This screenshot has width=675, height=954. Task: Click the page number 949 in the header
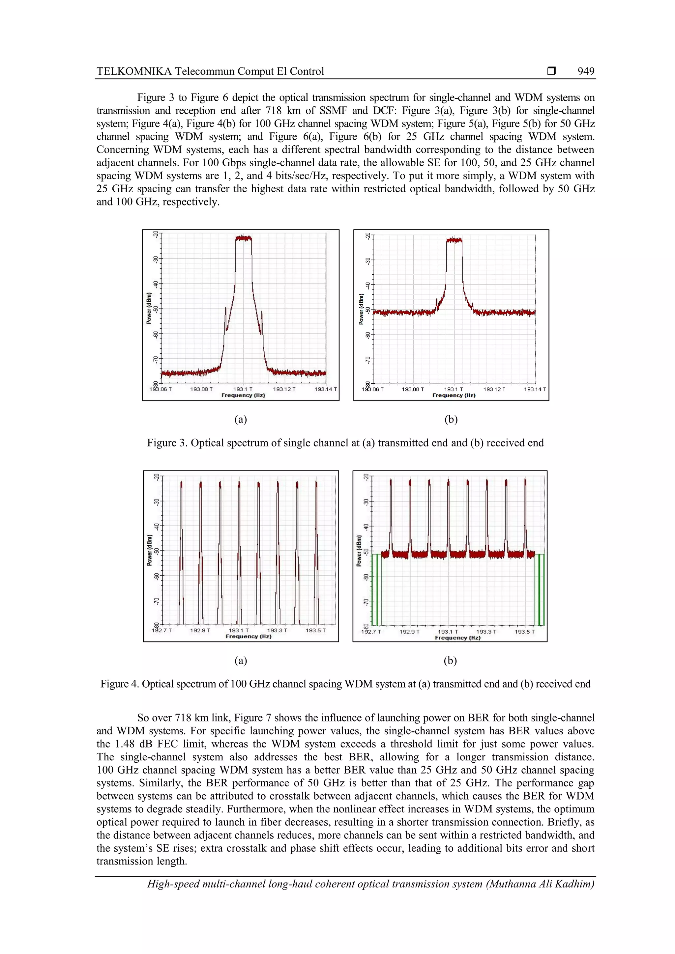pos(586,71)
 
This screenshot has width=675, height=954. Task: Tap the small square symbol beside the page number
pos(551,71)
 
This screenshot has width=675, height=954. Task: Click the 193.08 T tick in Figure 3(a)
pos(201,389)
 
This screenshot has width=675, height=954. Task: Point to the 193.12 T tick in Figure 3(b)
pos(494,389)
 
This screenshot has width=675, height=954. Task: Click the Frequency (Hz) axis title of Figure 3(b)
pos(454,395)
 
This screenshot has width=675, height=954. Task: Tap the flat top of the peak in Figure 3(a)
pos(243,238)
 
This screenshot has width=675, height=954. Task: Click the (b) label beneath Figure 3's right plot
pos(451,419)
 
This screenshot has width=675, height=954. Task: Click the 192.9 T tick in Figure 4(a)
pos(200,630)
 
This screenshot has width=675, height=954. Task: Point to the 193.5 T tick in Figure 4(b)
pos(524,632)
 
